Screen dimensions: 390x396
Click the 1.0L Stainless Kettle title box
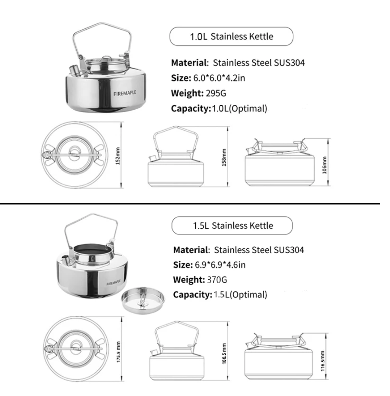click(x=231, y=36)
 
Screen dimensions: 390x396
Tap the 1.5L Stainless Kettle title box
click(x=232, y=226)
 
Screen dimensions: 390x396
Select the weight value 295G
click(x=216, y=93)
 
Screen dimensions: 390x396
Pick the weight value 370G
click(x=217, y=280)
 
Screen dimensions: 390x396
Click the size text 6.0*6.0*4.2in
click(x=219, y=78)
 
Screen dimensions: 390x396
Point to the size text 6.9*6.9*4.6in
click(x=220, y=265)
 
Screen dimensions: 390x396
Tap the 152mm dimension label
click(x=118, y=156)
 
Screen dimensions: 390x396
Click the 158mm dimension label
click(x=224, y=157)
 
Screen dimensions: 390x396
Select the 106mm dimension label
click(x=324, y=165)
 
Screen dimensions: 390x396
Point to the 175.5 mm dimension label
click(x=118, y=352)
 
